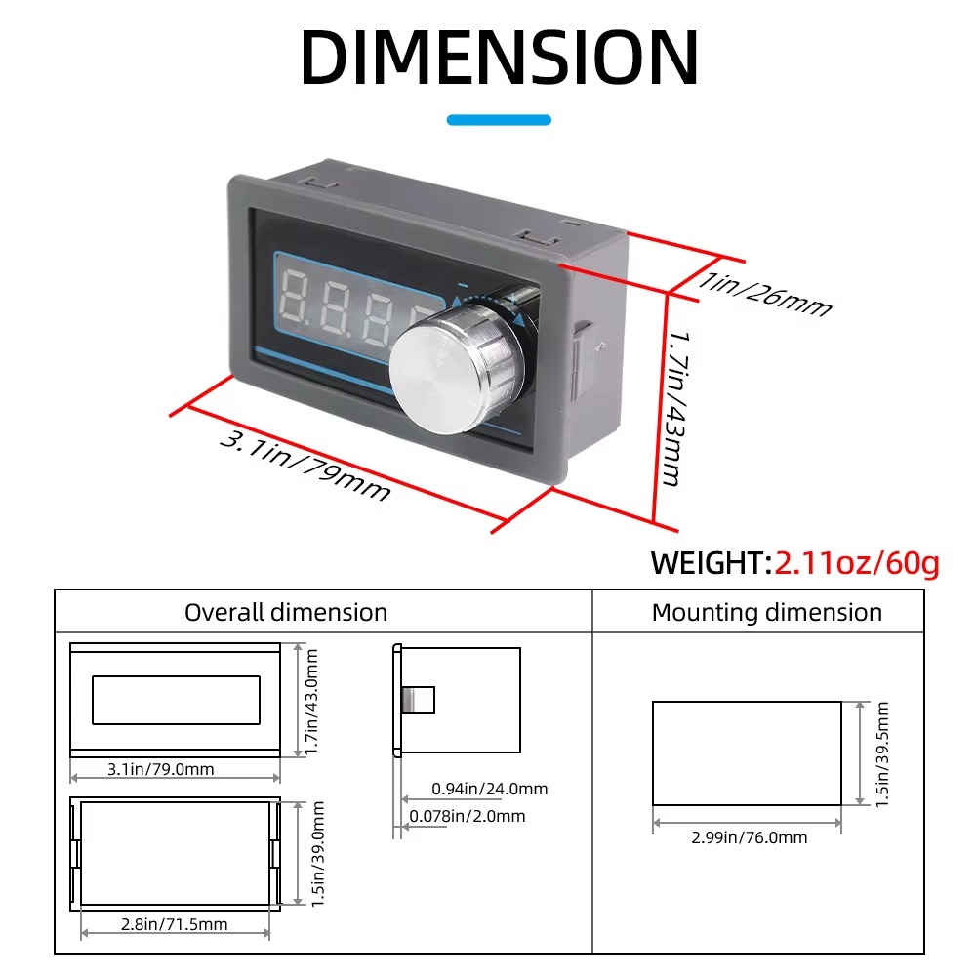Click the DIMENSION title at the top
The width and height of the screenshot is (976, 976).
(x=499, y=58)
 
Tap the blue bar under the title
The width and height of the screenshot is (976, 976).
(x=499, y=120)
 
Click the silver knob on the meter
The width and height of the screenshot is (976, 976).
(x=458, y=367)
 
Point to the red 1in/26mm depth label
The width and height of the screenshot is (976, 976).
(x=764, y=295)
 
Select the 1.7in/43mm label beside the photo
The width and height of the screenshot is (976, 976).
(x=677, y=408)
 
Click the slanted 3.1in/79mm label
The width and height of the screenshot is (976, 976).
(x=305, y=466)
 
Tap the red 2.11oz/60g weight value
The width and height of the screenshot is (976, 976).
(x=857, y=563)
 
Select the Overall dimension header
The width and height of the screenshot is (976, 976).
(x=286, y=613)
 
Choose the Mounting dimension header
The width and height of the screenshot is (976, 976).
(x=767, y=613)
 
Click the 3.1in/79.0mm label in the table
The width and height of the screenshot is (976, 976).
(x=161, y=769)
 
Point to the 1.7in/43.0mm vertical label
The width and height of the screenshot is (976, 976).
(x=312, y=702)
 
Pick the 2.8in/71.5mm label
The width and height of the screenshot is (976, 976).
(x=175, y=924)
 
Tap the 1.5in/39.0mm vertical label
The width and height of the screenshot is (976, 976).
(x=317, y=854)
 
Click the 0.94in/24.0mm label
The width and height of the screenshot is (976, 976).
(x=490, y=789)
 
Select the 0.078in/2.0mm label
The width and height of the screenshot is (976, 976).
(x=468, y=816)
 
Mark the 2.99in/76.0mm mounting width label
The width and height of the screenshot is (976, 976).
(x=750, y=837)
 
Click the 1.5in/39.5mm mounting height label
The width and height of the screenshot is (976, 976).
(x=882, y=754)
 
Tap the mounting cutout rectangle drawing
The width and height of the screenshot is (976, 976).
(x=747, y=702)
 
